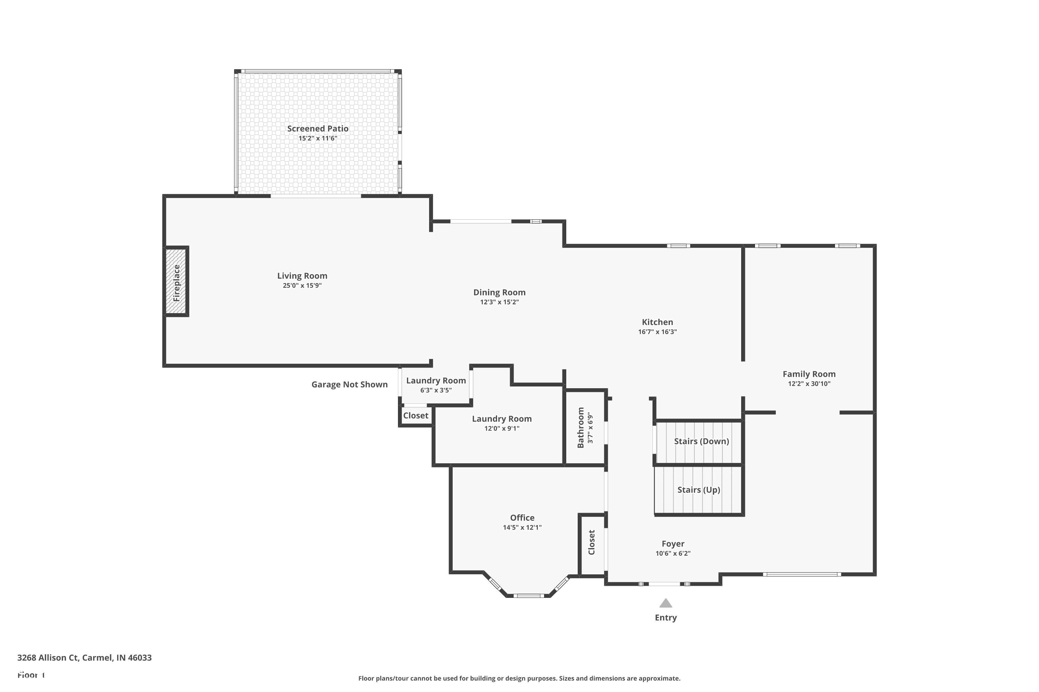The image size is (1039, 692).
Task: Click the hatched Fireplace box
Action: (176, 282)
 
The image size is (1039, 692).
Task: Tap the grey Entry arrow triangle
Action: (665, 603)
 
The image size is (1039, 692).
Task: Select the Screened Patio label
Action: (318, 128)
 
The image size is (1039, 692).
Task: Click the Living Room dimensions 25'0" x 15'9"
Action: (302, 285)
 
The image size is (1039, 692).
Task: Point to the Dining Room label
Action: (499, 292)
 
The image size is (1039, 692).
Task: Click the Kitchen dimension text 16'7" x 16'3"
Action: (657, 332)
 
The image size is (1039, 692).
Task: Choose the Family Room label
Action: (809, 374)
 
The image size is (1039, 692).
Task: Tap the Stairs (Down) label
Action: (701, 441)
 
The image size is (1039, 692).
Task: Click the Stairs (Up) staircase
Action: (699, 490)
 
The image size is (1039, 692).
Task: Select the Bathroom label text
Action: (580, 427)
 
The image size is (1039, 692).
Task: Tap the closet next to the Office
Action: (592, 543)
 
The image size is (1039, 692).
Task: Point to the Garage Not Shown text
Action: (349, 384)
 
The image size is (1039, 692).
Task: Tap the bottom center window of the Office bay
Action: (529, 596)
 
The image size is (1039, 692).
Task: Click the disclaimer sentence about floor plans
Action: (519, 678)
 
